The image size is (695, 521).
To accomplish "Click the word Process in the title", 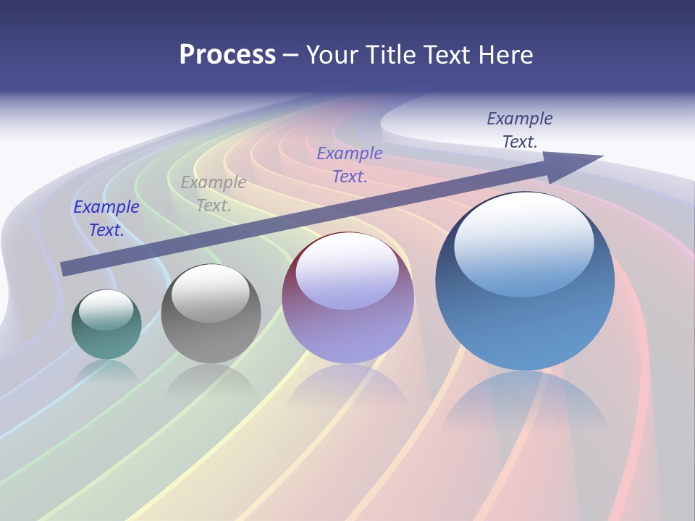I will coord(227,55).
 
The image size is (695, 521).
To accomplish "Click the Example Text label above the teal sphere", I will coord(106,219).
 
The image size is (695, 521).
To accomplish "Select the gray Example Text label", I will coord(214,194).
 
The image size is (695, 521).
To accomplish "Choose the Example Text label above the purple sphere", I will coord(350,164).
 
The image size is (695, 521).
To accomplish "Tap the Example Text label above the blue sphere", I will coord(520,130).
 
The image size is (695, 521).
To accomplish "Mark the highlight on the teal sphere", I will coord(106,310).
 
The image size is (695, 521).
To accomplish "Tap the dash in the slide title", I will coord(290,55).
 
